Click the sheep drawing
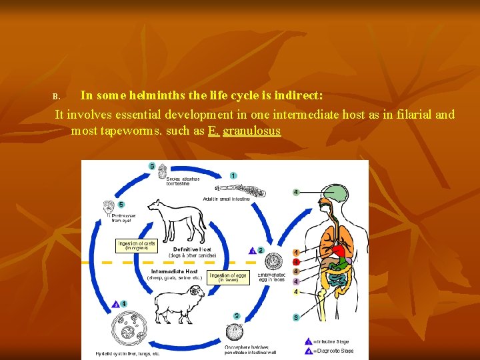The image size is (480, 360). coord(180,303)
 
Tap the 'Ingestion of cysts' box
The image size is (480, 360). coord(137,246)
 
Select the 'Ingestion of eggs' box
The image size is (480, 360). coord(228,277)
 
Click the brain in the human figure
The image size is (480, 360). coord(337,194)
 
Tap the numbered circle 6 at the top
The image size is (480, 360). coord(153,166)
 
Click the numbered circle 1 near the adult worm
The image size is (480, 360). coord(233,175)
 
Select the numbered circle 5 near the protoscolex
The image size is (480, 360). coord(121,204)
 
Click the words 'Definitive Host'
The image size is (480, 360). coord(192,249)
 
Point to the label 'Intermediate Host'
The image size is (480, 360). coord(174,271)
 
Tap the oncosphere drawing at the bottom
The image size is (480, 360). coord(235,333)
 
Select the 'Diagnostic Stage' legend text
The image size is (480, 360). coord(336,351)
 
